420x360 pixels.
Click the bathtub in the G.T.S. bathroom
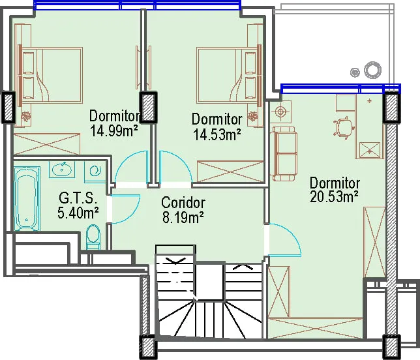tap(27, 198)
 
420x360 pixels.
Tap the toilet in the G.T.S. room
tap(93, 237)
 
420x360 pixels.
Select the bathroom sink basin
tap(62, 170)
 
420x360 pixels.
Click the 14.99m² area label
tap(114, 131)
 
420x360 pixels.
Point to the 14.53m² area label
tap(217, 134)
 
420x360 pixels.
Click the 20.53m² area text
tap(334, 197)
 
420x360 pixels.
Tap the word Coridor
tap(183, 203)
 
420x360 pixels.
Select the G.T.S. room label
tap(78, 198)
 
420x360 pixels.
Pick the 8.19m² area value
tap(183, 218)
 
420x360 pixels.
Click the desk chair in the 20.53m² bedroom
tap(344, 128)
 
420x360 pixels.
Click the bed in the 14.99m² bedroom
tap(50, 75)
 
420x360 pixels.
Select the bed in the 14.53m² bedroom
tap(229, 75)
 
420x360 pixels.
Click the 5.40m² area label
tap(78, 213)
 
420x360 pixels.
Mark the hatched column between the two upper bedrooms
tap(149, 107)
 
